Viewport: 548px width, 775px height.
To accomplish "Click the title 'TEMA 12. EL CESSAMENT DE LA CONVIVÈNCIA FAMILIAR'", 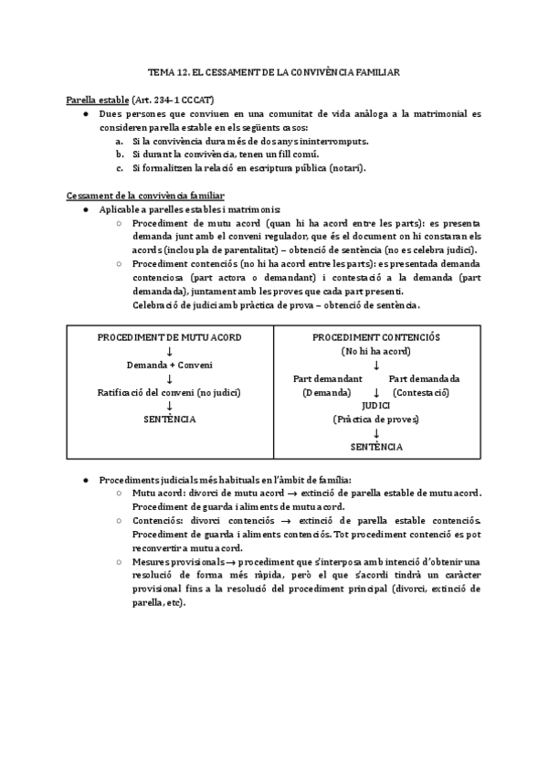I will coord(273,70).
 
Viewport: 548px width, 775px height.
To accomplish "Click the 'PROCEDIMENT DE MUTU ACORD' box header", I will coord(169,338).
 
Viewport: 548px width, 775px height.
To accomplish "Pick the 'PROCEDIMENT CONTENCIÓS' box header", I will coord(376,338).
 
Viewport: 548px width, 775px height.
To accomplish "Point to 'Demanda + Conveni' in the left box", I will coord(169,365).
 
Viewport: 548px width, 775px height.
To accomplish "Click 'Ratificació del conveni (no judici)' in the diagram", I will coord(169,392).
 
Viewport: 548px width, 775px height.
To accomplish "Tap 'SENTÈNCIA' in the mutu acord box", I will coord(169,419).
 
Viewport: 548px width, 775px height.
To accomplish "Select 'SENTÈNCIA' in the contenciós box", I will coord(376,447).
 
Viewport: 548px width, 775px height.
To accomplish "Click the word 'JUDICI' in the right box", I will coord(376,405).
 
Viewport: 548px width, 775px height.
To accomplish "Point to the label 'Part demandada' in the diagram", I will coord(424,378).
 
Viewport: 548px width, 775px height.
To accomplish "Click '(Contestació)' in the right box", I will coord(421,392).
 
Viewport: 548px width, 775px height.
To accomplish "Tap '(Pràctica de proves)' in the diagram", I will coord(376,419).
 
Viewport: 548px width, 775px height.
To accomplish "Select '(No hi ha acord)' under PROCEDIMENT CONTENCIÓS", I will coord(376,352).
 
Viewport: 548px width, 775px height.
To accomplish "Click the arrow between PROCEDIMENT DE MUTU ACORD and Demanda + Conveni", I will coord(169,352).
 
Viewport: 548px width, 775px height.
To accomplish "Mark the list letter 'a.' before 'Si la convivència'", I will coord(121,143).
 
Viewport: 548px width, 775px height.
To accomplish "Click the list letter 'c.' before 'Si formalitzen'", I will coord(121,168).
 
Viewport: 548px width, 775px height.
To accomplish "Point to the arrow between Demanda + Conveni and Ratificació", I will coord(169,378).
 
